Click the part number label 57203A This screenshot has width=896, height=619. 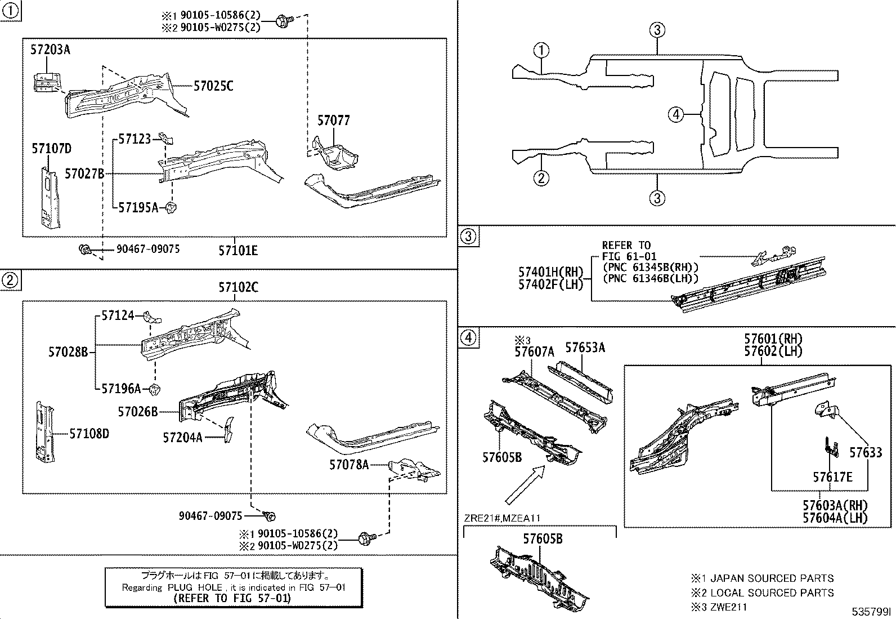(x=50, y=50)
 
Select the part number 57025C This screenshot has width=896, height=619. (x=213, y=86)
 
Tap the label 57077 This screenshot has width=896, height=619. (x=333, y=121)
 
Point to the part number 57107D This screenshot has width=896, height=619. (x=51, y=149)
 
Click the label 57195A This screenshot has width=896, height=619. (x=138, y=208)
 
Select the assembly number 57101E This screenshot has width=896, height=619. (x=238, y=250)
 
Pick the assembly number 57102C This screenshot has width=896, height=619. (x=238, y=287)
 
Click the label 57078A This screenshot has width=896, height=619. (x=349, y=465)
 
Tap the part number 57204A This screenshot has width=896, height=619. (x=182, y=437)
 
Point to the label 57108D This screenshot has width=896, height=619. (x=89, y=434)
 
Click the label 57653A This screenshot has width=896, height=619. (x=585, y=348)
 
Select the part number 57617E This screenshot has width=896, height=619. (x=832, y=478)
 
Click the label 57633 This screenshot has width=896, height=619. (x=866, y=452)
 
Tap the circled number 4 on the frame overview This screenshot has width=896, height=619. (x=676, y=115)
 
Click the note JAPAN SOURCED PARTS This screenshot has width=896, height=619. (x=772, y=578)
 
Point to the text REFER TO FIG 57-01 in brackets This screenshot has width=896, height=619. (x=232, y=598)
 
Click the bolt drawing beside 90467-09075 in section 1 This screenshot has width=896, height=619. (x=86, y=250)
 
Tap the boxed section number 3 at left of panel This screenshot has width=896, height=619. (x=468, y=236)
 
